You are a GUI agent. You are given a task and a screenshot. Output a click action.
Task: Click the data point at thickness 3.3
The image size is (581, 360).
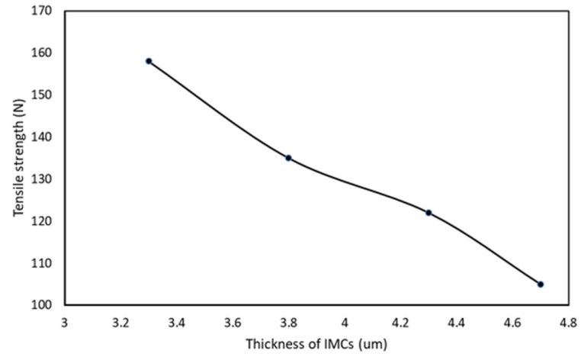(149, 61)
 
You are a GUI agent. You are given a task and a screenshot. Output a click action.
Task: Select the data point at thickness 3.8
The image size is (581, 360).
(288, 158)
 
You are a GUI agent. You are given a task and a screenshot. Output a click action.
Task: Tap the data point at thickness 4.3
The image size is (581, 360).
(429, 213)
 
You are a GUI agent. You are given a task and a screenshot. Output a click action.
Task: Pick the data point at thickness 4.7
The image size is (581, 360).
(541, 284)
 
